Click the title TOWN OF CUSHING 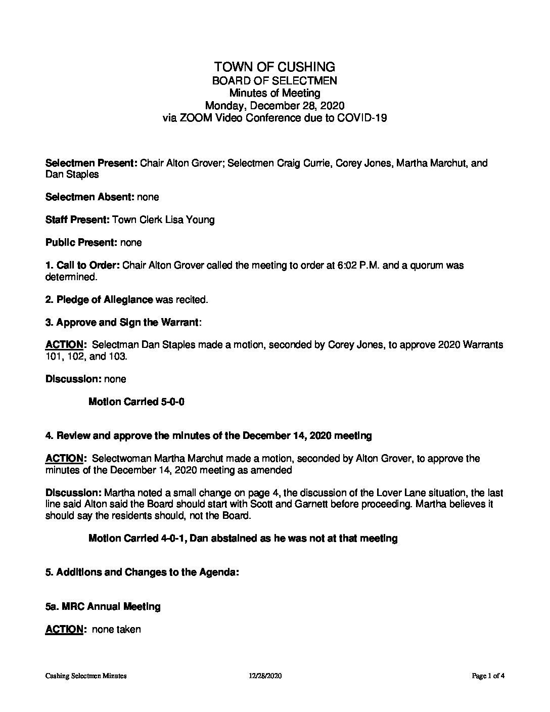coord(274,67)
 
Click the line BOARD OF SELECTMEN coord(274,80)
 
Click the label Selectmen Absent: coord(89,197)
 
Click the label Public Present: coord(81,243)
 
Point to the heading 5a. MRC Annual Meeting coord(103,607)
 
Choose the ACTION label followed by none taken coord(64,630)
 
